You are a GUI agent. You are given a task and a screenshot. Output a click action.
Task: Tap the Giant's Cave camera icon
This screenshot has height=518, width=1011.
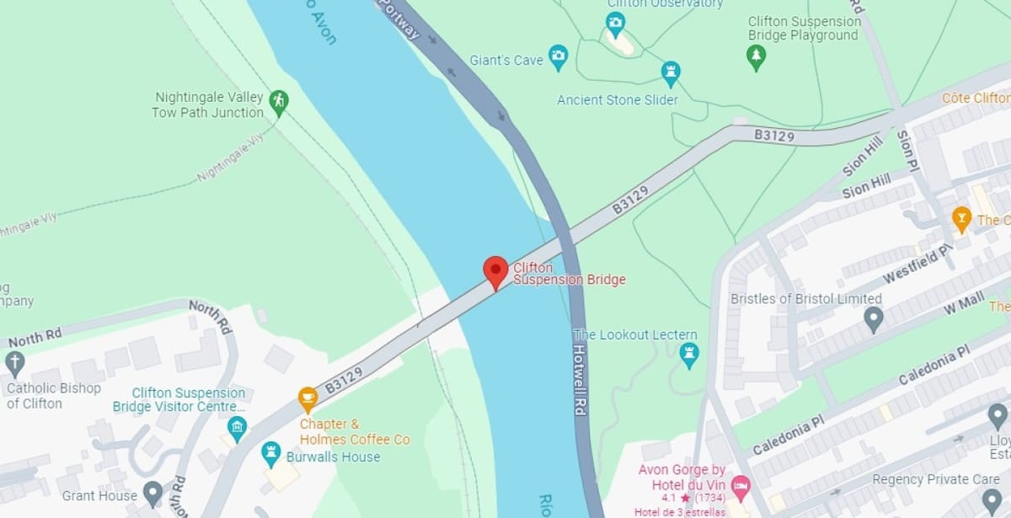click(x=558, y=58)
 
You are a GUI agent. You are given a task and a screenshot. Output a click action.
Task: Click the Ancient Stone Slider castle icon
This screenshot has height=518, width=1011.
click(x=671, y=72)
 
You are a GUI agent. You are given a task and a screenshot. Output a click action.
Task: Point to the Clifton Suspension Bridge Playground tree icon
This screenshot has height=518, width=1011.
click(x=757, y=56)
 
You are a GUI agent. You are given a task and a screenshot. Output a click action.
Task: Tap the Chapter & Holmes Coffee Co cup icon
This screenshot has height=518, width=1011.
click(x=308, y=398)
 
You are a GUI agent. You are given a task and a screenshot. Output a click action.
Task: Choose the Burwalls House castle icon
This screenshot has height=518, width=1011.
click(x=270, y=453)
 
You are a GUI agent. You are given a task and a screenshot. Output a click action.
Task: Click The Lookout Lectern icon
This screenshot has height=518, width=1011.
click(x=689, y=354)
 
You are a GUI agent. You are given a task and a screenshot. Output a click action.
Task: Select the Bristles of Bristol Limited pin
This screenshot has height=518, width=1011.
click(x=874, y=318)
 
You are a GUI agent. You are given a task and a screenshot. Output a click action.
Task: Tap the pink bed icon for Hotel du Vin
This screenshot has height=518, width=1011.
click(x=740, y=485)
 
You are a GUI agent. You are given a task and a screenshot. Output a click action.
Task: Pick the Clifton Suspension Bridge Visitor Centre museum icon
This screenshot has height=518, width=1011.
click(x=237, y=426)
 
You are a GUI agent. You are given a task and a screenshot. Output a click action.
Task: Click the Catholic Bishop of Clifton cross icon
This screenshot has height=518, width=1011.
click(x=14, y=363)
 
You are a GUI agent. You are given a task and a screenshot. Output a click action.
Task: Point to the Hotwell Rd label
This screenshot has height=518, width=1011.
click(x=580, y=380)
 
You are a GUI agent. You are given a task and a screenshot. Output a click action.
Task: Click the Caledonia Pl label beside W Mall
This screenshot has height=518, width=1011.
click(x=934, y=364)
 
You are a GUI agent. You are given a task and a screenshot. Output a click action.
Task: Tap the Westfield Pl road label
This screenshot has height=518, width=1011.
click(x=917, y=264)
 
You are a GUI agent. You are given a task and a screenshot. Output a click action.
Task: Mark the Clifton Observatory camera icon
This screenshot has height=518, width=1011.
click(x=616, y=23)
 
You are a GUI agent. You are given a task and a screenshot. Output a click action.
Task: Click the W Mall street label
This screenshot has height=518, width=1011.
click(x=964, y=303)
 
